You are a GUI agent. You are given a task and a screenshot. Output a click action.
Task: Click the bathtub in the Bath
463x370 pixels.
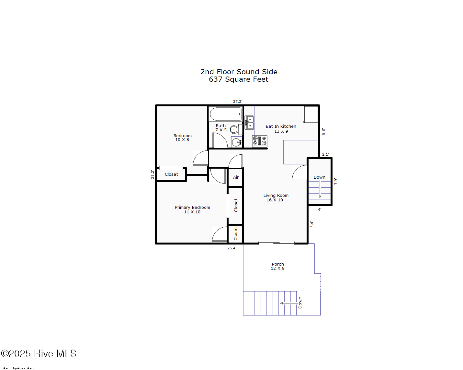pos(225,114)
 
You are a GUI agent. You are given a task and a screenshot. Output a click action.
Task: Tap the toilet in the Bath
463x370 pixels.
pos(236,129)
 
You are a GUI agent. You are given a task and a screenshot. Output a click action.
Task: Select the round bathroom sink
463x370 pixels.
pos(237,142)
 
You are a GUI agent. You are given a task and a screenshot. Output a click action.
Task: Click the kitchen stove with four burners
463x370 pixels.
pos(260,141)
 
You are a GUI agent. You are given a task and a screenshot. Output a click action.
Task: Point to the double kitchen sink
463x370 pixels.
pos(249,122)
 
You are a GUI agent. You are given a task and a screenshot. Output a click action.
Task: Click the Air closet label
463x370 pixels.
pos(236,177)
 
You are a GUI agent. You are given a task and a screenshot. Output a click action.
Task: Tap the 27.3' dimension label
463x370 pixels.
pos(238,101)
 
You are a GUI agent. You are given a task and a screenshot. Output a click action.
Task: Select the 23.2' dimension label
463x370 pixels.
pos(152,174)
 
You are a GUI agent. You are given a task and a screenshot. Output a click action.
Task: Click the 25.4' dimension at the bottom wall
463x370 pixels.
pos(232,248)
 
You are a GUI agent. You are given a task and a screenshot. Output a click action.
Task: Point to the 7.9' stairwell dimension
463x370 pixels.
pos(336,181)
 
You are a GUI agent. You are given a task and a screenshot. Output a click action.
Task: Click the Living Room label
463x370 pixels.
pos(276,195)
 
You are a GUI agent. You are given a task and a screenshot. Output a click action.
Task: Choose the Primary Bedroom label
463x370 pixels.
pos(192,207)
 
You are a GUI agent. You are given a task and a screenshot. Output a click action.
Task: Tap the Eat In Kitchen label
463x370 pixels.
pos(281,126)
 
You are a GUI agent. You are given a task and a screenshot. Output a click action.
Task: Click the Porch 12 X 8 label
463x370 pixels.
pos(278,266)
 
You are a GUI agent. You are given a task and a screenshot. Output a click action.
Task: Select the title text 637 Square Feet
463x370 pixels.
pos(239,79)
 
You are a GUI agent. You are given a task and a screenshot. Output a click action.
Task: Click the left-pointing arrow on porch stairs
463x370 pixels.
pos(289,303)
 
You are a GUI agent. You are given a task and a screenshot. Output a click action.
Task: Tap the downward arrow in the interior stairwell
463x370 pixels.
pos(320,189)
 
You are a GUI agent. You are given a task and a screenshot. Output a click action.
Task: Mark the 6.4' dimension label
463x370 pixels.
pos(312,224)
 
